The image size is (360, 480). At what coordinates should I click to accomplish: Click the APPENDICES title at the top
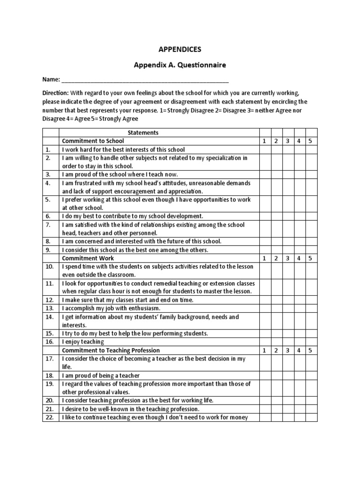[180, 49]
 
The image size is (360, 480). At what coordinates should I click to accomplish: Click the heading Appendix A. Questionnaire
[180, 65]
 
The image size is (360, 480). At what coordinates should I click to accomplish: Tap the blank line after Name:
[145, 79]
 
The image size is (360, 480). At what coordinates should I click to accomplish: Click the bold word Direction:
[55, 93]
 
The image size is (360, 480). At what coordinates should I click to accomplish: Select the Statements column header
[143, 133]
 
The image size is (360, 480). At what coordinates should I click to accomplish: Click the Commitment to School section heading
[93, 141]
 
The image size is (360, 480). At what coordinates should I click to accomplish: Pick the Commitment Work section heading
[88, 258]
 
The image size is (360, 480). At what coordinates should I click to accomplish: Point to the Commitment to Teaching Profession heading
[111, 350]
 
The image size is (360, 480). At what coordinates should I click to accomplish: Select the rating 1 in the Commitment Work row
[264, 258]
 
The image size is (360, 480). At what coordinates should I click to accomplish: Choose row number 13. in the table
[49, 308]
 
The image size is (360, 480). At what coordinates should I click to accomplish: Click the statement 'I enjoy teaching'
[83, 342]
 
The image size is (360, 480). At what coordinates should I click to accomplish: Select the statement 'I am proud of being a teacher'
[101, 375]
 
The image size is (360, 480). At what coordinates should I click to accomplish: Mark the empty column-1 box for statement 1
[264, 149]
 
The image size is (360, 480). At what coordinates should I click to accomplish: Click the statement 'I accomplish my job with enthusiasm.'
[111, 308]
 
